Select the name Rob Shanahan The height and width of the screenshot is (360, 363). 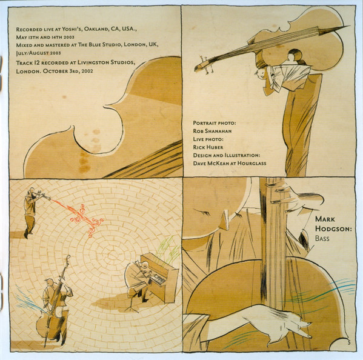tap(212, 131)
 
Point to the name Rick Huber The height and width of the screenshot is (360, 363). tap(208, 147)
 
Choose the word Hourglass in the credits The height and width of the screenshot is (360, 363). tap(251, 163)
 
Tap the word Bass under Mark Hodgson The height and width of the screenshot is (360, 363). tap(322, 238)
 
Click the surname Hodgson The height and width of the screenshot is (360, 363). tap(333, 228)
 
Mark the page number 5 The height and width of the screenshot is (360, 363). tap(349, 343)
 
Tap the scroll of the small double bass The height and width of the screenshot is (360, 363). tap(68, 258)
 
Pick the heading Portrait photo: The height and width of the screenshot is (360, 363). tap(215, 123)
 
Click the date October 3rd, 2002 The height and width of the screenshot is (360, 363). tap(68, 71)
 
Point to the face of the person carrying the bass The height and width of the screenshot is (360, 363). tap(260, 73)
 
